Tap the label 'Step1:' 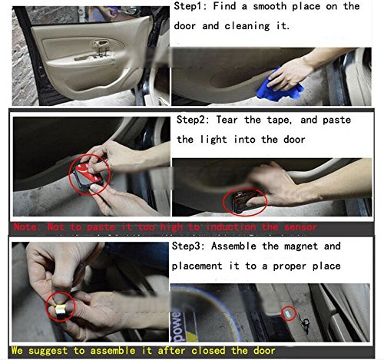coord(190,6)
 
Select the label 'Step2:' coord(193,120)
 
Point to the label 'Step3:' coord(188,246)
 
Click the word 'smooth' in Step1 coord(270,6)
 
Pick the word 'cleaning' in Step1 coord(247,26)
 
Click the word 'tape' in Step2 coord(279,121)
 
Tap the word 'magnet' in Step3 coord(301,246)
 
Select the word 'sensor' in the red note coord(300,227)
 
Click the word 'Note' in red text coord(25,227)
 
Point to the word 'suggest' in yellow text coord(48,351)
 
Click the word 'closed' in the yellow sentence coord(208,350)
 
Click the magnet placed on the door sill coord(288,314)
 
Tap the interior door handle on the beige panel coord(101,43)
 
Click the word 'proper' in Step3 coord(290,266)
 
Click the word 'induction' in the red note coord(231,227)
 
